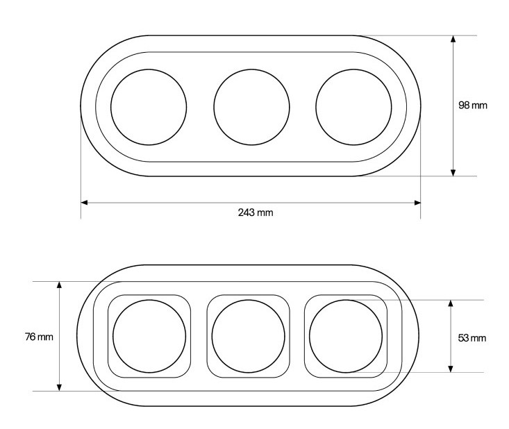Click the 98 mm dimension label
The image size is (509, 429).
pos(473,105)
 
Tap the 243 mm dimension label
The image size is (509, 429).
pos(256,212)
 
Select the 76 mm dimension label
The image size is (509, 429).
pos(39,337)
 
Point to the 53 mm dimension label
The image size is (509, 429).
pos(472,338)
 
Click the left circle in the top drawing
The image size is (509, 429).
pos(110,107)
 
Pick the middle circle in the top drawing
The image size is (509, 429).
pos(214,107)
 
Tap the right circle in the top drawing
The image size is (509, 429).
pos(316,107)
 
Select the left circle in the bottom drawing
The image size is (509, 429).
pos(113,336)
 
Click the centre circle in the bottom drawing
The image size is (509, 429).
pos(212,336)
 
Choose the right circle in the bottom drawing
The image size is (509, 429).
pos(310,336)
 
